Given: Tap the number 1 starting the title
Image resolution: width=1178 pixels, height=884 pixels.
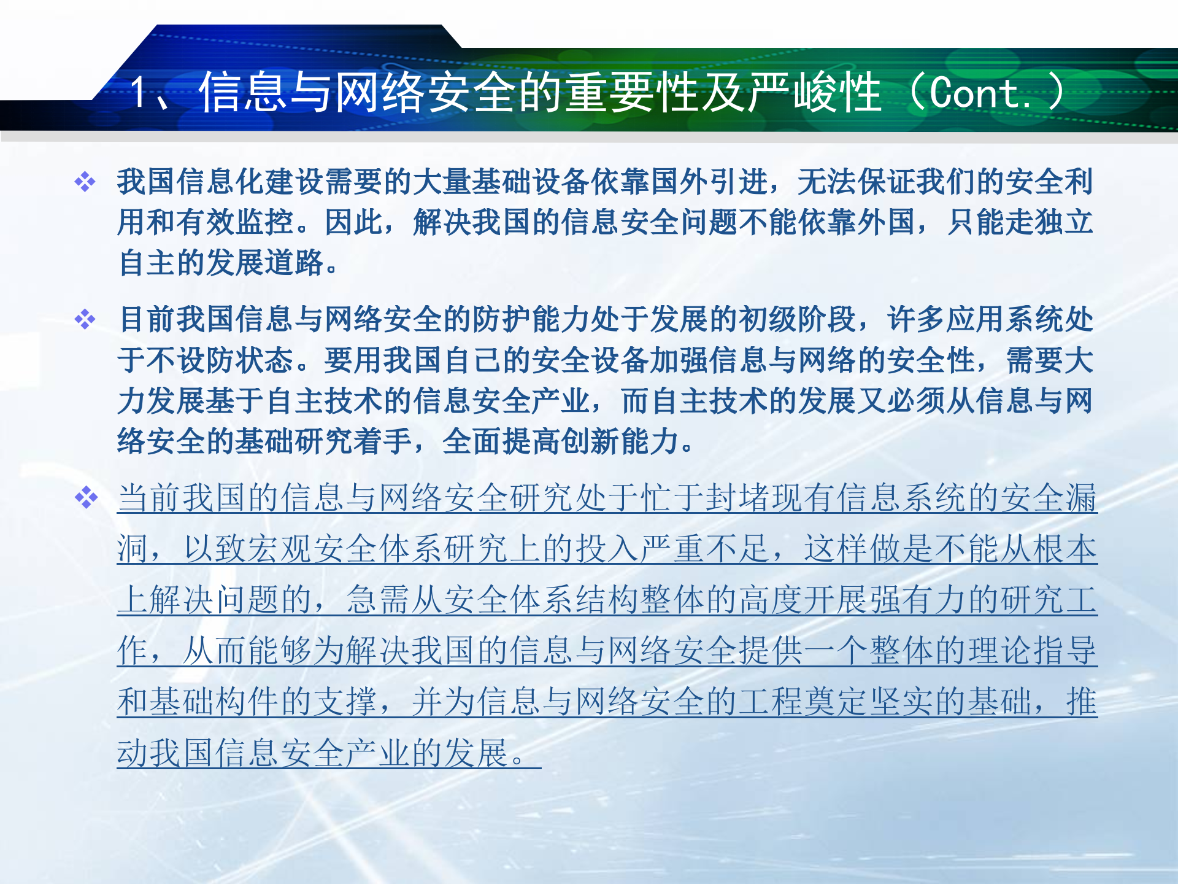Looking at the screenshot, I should pyautogui.click(x=140, y=93).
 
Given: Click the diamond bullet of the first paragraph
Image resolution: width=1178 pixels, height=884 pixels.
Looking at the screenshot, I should pyautogui.click(x=85, y=182).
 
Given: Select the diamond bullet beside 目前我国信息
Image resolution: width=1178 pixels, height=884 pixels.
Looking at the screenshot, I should pyautogui.click(x=85, y=319).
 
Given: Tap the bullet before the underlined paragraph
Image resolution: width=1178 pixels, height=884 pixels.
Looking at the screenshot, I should pyautogui.click(x=85, y=497).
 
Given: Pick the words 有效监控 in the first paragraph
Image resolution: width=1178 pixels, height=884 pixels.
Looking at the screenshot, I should pyautogui.click(x=236, y=222).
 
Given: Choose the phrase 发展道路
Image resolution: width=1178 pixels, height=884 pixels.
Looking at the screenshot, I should pyautogui.click(x=265, y=263).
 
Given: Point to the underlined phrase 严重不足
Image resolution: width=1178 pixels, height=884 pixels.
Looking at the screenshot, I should pyautogui.click(x=705, y=549).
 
